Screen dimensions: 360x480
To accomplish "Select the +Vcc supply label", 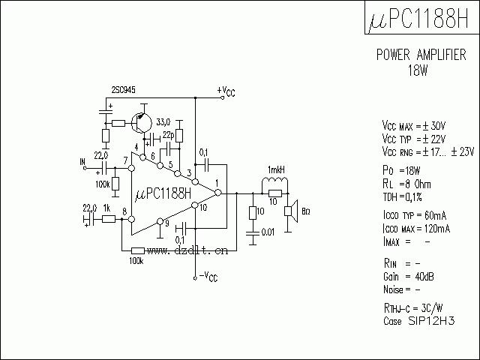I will (x=226, y=91).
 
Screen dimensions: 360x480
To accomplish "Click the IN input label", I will (x=82, y=161).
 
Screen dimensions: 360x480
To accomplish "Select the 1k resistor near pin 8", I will (x=108, y=219).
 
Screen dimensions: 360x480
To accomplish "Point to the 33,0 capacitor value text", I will (x=163, y=121).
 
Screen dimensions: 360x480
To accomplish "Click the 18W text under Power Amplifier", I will (x=418, y=70).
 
